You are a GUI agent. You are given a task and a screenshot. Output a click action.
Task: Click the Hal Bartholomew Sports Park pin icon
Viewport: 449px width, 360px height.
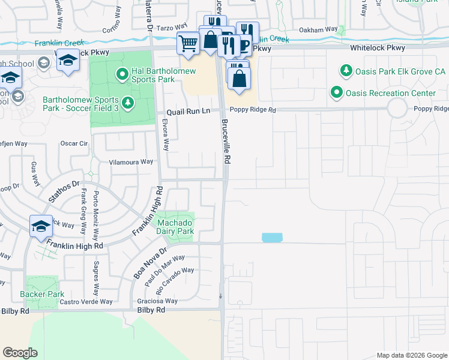point(122,74)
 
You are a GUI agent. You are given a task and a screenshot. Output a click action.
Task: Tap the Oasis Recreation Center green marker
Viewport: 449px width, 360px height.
point(337,93)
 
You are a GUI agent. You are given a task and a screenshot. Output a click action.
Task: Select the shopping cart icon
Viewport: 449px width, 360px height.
point(188,43)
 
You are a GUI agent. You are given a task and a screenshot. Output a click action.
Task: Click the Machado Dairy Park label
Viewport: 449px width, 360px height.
point(175,226)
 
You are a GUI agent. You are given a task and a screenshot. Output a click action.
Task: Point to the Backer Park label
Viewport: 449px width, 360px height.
point(41,294)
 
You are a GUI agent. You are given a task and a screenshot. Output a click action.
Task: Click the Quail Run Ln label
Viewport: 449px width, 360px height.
point(188,111)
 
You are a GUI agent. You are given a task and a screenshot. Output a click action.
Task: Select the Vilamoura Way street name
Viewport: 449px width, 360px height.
point(131,162)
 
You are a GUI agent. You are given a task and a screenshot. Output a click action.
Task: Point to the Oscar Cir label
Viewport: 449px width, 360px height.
point(74,143)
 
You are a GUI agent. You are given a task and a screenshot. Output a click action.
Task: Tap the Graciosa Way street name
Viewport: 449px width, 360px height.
point(158,301)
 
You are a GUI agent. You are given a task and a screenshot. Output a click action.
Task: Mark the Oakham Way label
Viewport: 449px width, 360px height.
point(318,29)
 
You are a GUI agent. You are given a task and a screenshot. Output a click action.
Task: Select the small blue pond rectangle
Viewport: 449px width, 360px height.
point(271,238)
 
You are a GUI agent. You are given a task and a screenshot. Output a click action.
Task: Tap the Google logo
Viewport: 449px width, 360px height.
point(20,353)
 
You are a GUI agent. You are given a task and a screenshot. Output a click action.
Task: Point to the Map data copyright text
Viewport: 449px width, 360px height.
point(411,355)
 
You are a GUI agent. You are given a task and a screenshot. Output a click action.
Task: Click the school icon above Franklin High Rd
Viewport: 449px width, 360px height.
point(41,226)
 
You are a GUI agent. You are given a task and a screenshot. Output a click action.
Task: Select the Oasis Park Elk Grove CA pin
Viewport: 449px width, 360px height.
point(346,71)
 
